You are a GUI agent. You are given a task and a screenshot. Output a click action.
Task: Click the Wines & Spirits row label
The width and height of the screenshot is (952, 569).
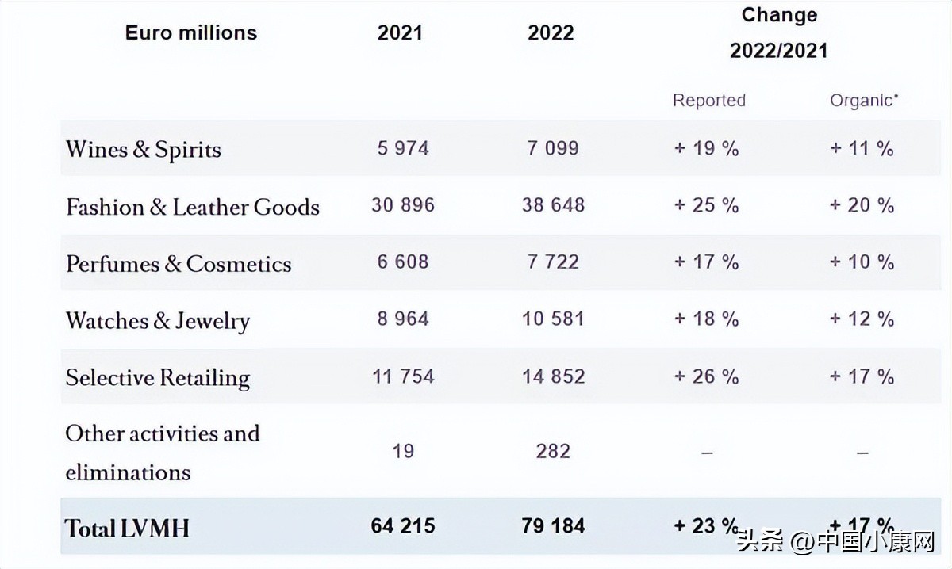tap(144, 150)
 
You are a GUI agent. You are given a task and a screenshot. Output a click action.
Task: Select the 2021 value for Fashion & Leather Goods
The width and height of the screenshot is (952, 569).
tap(403, 205)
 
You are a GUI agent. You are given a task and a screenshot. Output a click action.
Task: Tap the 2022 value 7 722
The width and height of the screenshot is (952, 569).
tap(553, 262)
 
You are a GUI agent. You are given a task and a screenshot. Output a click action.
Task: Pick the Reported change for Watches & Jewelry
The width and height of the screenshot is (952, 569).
tap(707, 319)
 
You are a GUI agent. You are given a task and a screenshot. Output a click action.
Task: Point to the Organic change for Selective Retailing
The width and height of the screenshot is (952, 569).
tap(862, 376)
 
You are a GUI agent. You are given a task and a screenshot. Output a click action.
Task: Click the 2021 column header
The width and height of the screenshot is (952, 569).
tap(400, 33)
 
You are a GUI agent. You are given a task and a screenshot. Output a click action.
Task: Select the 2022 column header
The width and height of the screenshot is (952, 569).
tap(551, 33)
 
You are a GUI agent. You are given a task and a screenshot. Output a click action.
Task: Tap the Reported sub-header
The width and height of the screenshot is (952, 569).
tap(709, 101)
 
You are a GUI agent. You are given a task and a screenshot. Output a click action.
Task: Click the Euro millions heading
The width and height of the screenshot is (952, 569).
tap(191, 32)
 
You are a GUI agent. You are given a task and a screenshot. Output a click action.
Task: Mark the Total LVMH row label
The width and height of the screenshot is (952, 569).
tap(128, 528)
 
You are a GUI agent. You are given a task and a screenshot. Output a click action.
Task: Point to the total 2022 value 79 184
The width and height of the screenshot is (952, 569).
tap(553, 525)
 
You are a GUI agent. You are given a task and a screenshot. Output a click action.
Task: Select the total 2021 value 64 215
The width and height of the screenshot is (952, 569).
tap(403, 525)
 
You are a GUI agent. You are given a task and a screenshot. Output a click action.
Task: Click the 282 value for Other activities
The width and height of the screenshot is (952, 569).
tap(553, 451)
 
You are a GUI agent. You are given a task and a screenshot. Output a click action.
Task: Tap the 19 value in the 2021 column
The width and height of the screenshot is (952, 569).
tap(403, 451)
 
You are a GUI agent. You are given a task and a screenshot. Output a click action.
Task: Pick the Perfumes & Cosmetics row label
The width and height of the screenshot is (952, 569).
tap(178, 264)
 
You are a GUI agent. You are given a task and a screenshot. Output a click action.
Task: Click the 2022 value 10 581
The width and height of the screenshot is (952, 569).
tap(553, 319)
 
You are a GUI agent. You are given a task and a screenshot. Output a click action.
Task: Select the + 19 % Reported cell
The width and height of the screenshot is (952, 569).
tap(707, 148)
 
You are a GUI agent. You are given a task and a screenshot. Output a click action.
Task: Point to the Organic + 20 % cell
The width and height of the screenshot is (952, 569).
tap(862, 205)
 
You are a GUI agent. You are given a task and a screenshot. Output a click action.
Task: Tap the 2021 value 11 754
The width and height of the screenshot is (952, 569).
tap(403, 376)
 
